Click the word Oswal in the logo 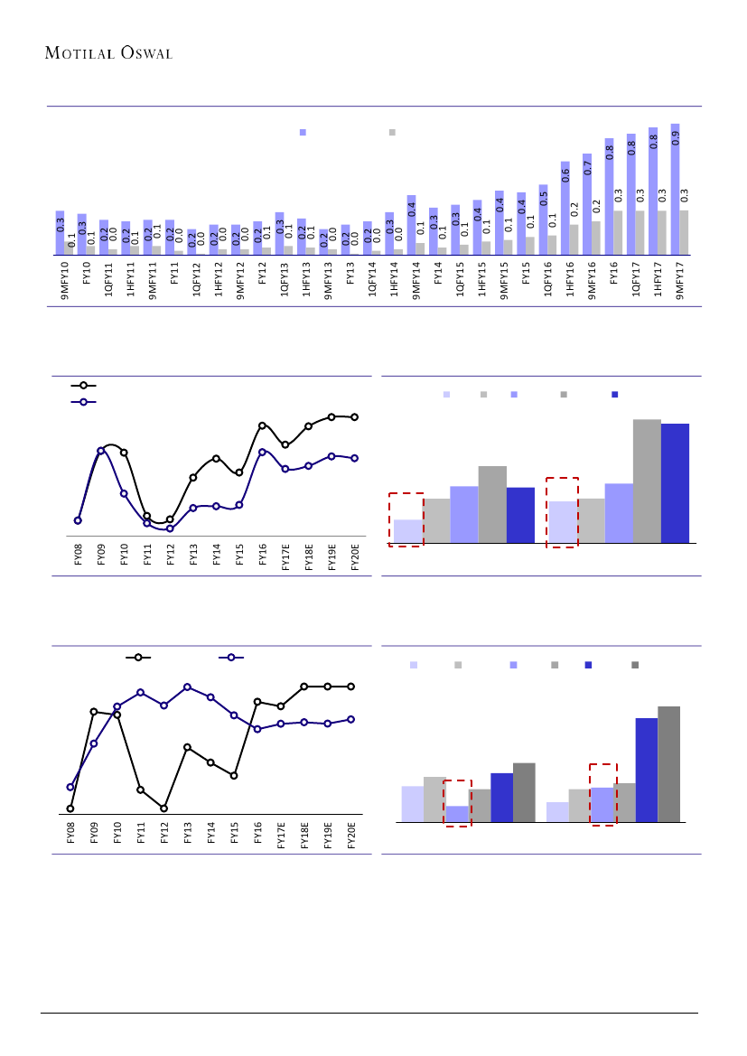145,52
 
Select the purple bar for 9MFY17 675,190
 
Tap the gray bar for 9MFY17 684,233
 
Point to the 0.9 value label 675,138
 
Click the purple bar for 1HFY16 565,208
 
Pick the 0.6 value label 565,174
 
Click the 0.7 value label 587,167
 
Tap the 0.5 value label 544,198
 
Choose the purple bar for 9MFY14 411,225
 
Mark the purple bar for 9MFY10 60,233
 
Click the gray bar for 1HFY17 662,233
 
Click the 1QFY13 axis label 285,279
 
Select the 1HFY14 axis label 395,279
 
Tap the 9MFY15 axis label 505,279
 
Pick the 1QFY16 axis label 549,279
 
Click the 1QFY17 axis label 638,279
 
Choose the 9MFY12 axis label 240,279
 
